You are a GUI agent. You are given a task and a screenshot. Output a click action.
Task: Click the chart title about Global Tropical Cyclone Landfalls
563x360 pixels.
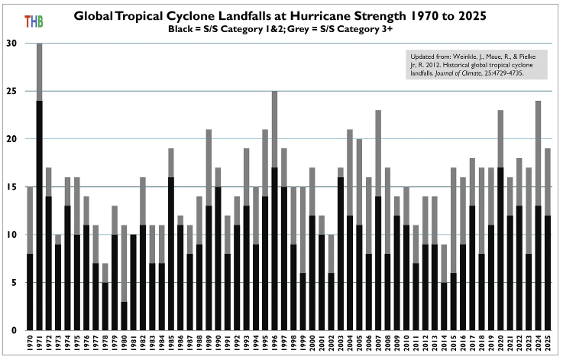pos(286,16)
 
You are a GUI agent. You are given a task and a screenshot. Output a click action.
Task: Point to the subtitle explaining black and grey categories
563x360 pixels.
pos(286,28)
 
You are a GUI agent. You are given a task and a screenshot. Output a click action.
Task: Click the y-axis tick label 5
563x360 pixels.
pos(13,282)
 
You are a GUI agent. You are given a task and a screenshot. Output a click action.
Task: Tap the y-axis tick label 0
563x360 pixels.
pos(13,329)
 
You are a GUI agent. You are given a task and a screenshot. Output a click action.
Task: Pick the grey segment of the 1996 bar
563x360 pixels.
pos(274,129)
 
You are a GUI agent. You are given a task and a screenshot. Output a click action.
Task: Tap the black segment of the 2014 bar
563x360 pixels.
pos(444,306)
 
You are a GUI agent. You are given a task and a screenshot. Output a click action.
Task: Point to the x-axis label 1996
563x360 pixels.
pos(274,344)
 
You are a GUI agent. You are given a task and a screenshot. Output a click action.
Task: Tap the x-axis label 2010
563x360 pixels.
pos(406,344)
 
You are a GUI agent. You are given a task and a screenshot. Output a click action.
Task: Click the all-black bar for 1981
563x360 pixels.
pos(133,282)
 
